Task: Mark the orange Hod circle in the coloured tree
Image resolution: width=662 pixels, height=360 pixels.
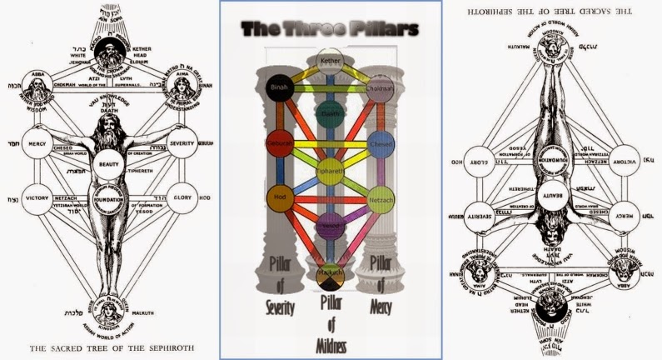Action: (277, 198)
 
